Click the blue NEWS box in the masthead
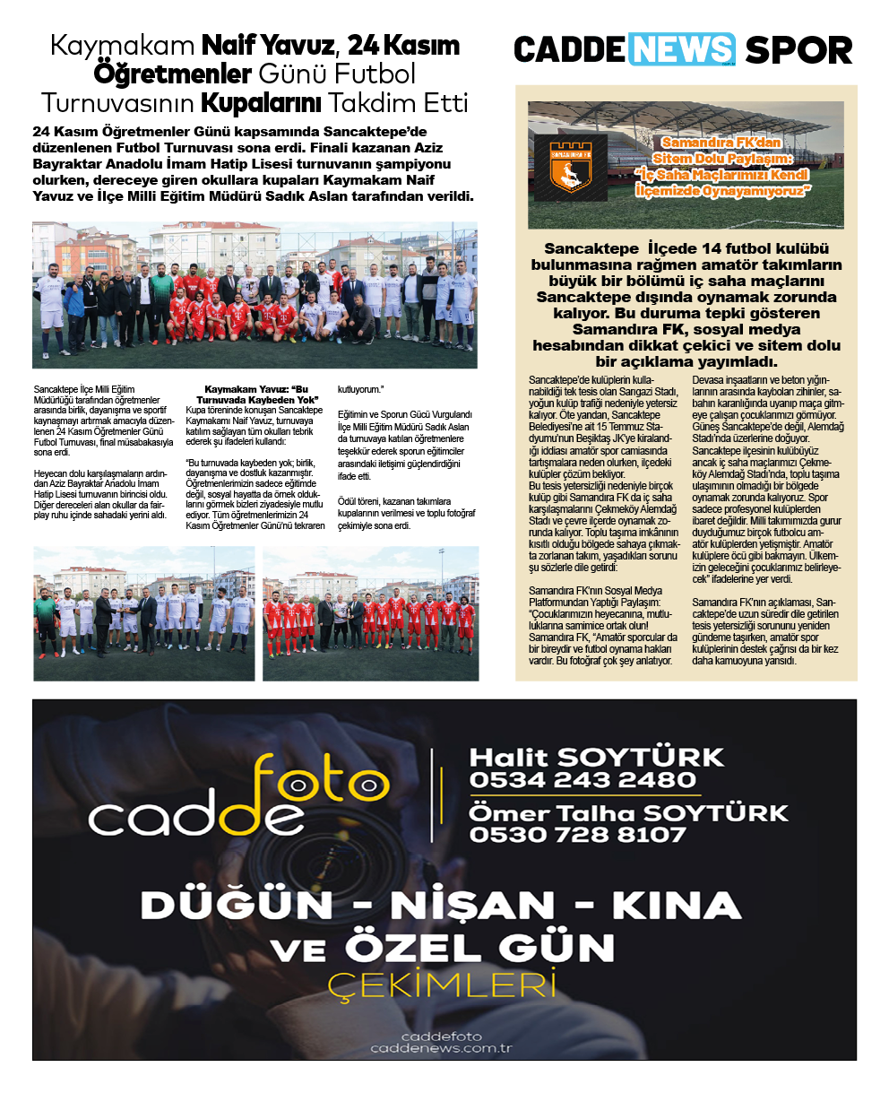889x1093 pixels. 682,49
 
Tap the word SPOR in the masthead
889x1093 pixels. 798,50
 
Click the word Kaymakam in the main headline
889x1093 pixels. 122,45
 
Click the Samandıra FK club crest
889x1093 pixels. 567,166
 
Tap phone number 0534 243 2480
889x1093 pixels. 583,780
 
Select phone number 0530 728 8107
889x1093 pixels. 577,835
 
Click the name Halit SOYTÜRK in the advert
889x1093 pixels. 597,757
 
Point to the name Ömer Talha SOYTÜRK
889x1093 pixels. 628,813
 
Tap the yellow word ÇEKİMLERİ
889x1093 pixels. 442,985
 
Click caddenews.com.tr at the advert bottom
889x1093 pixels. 441,1048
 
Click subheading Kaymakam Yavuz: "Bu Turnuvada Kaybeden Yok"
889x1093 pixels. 256,395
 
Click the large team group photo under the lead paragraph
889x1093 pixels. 255,295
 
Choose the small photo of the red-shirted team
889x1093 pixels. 370,614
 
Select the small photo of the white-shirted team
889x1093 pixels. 144,614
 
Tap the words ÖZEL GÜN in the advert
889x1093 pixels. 479,948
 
